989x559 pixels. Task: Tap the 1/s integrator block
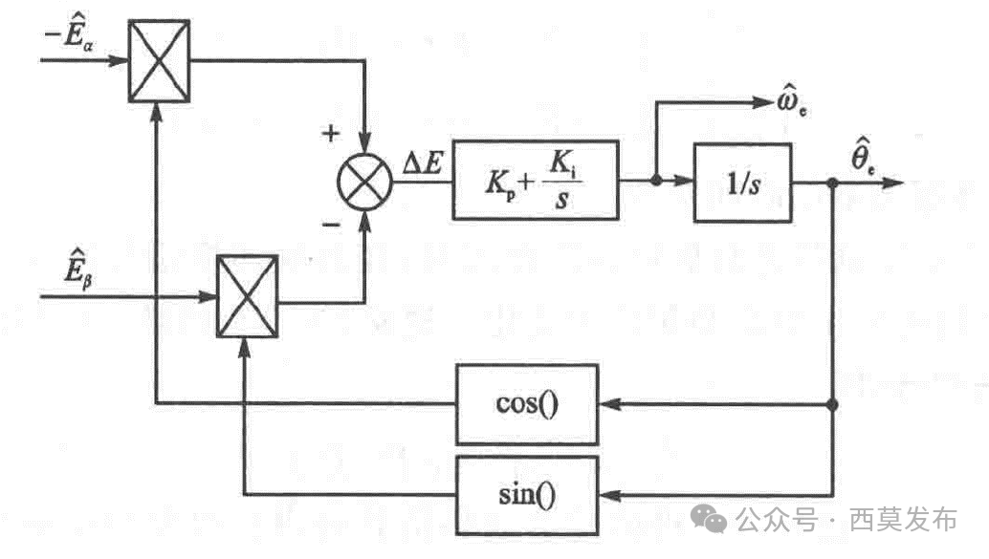click(742, 182)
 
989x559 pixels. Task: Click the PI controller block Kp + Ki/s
click(536, 181)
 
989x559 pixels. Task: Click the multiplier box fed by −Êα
click(159, 59)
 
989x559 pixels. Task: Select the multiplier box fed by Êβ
click(247, 297)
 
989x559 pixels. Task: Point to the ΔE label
click(422, 164)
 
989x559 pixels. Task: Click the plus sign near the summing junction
click(331, 134)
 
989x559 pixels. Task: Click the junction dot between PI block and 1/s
click(655, 181)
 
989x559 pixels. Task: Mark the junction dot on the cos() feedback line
click(833, 404)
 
